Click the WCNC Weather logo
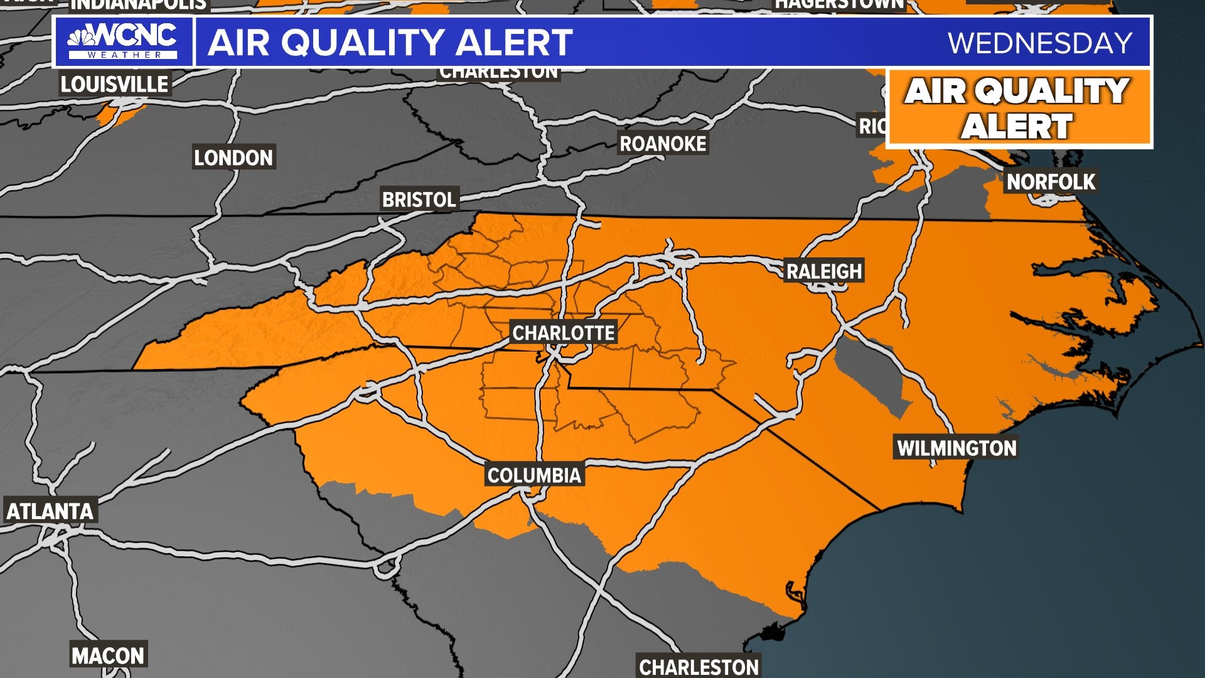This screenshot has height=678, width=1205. [x=123, y=41]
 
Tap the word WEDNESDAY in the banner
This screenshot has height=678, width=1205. [x=1039, y=43]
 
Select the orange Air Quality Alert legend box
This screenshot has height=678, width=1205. [x=1019, y=109]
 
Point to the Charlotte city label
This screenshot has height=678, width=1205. [x=564, y=333]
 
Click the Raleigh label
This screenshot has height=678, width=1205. [x=824, y=271]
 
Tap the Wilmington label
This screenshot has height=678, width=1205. [x=956, y=448]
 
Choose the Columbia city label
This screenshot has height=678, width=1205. [x=534, y=475]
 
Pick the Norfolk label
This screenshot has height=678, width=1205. [x=1051, y=182]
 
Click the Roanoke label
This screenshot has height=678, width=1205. [x=663, y=144]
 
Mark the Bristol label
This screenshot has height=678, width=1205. [x=419, y=200]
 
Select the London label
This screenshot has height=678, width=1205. [x=233, y=158]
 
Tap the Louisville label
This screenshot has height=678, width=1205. [x=114, y=84]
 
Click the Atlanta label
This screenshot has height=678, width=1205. [x=50, y=511]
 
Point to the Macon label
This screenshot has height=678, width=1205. [x=108, y=656]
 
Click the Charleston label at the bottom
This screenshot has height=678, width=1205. [x=698, y=666]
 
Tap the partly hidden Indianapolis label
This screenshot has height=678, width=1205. [x=138, y=5]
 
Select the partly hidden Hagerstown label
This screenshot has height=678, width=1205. [x=839, y=4]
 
